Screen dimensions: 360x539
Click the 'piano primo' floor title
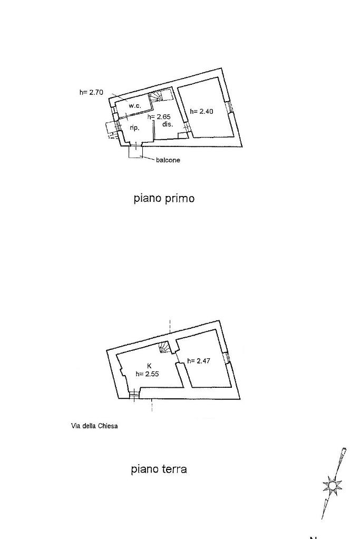coord(164,199)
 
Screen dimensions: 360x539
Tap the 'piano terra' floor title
coord(159,469)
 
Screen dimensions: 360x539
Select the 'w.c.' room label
coord(135,106)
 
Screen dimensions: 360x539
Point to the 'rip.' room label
coord(134,128)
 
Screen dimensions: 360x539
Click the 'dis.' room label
coord(168,124)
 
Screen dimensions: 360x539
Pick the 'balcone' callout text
coord(168,160)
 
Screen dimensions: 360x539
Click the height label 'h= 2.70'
coord(91,92)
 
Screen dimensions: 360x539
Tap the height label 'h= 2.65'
coord(159,117)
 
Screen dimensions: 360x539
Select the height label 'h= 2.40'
coord(201,111)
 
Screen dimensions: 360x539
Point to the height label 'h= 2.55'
coord(147,374)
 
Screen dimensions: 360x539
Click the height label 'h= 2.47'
coord(198,361)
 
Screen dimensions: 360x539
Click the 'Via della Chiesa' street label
coord(94,426)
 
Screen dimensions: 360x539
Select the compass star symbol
coord(333,485)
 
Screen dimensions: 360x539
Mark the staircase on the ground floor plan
coord(165,347)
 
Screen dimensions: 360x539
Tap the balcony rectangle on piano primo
coord(136,152)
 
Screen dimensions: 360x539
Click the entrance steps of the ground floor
coord(134,396)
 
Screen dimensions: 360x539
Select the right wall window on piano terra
coord(227,358)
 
